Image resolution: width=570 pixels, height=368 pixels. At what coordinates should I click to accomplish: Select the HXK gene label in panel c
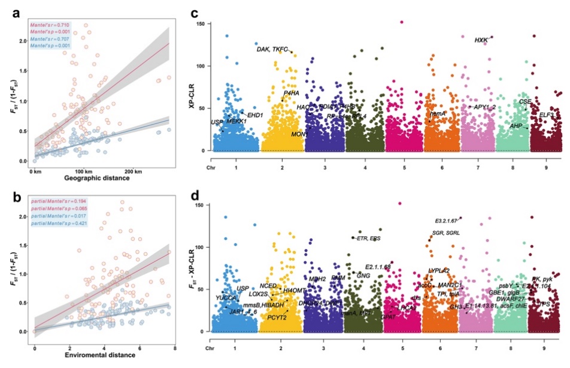[481, 40]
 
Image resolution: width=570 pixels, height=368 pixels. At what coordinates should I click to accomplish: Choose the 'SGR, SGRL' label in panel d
[446, 233]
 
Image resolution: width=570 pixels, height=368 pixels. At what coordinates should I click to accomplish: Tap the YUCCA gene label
[227, 298]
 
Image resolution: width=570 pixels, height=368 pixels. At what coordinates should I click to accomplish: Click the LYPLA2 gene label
[439, 271]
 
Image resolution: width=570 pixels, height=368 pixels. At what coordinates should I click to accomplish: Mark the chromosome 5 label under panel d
[402, 348]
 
